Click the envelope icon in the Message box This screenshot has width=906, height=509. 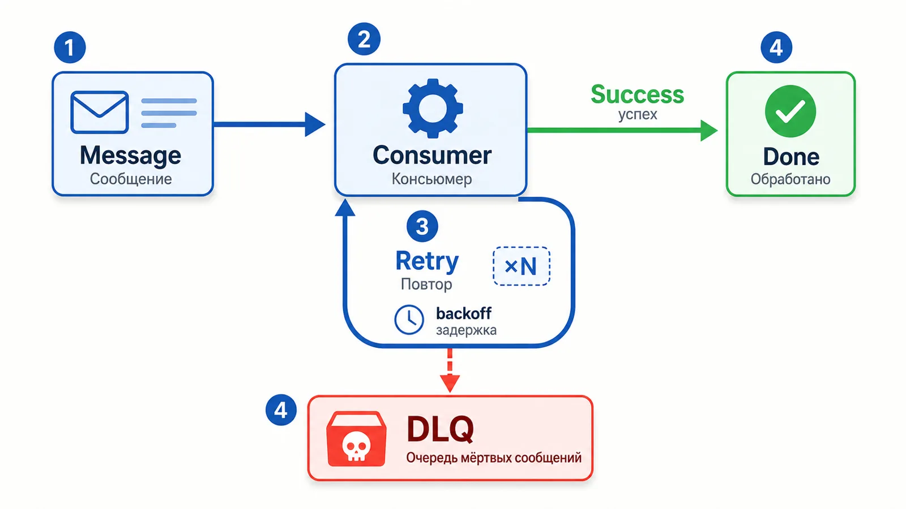100,113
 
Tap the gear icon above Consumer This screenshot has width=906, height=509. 433,108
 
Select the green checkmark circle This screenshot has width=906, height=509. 790,111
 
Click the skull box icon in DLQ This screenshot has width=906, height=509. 356,439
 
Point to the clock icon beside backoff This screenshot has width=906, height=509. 409,320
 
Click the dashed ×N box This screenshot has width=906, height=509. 522,266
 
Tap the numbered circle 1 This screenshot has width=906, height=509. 70,48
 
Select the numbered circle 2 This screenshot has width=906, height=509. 364,39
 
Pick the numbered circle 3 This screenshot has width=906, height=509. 422,226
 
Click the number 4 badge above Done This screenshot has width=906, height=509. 776,48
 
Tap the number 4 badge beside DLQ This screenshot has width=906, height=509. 281,410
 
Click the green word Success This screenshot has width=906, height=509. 638,94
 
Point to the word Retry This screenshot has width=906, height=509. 427,261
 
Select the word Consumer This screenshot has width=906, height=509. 432,155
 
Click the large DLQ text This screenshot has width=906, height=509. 440,429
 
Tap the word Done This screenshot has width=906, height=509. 791,157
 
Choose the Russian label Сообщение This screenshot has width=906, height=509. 131,179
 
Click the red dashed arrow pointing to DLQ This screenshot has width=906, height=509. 450,370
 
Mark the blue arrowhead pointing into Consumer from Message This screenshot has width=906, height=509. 315,124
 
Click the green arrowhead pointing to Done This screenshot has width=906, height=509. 709,130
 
